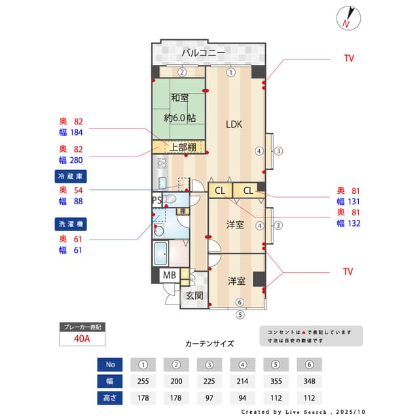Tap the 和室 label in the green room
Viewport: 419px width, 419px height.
[180, 98]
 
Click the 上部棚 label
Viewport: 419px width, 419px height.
[183, 147]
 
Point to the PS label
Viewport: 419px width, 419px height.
[157, 200]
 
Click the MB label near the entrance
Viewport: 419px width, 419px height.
[170, 275]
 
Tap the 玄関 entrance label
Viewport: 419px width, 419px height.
[194, 295]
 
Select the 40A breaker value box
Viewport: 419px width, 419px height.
[81, 339]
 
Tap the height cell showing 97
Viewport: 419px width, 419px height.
[209, 397]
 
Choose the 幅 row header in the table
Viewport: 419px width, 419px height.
[110, 380]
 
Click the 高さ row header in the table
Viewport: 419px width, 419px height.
[110, 397]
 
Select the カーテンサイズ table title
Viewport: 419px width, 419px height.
[209, 343]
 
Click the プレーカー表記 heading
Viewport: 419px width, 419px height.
[81, 326]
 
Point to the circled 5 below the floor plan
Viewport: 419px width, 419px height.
[240, 314]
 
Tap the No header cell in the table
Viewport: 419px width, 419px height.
[110, 364]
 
